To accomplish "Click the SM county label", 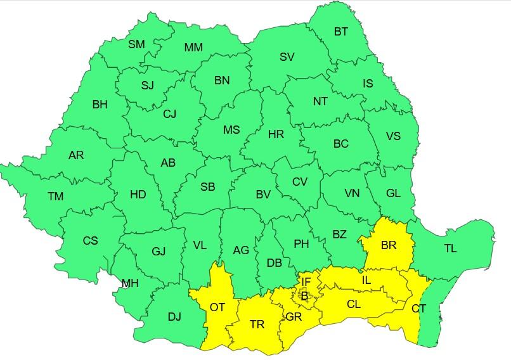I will [x=136, y=44].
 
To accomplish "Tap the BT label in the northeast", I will [x=341, y=32].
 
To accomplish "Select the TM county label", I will [x=56, y=196].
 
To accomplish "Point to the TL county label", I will [x=450, y=248].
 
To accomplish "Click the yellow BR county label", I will [x=388, y=245].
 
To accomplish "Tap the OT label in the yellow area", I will [x=217, y=307].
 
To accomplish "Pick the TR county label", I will [x=257, y=325].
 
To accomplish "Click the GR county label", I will [x=294, y=317].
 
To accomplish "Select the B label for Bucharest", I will [x=304, y=295].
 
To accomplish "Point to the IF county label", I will [x=306, y=281].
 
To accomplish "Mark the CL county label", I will [x=354, y=304].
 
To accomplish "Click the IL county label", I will [x=366, y=280].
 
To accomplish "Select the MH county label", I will [x=130, y=283].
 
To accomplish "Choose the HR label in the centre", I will [x=276, y=134].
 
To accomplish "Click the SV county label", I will [x=287, y=57].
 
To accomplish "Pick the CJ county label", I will [x=170, y=114].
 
